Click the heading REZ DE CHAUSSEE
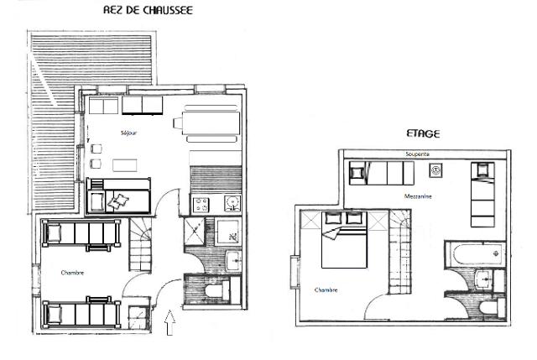[148, 10]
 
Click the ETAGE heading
[423, 133]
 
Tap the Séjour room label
[128, 133]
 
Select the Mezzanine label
[418, 196]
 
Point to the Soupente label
[417, 154]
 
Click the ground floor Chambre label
[72, 273]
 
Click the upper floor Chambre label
[326, 290]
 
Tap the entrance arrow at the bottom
[169, 322]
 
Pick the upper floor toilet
[491, 308]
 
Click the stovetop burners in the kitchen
[201, 205]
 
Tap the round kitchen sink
[232, 203]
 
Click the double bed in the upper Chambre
[344, 240]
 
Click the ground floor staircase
[140, 244]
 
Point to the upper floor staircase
[399, 252]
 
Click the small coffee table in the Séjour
[125, 165]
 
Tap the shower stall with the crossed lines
[195, 231]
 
